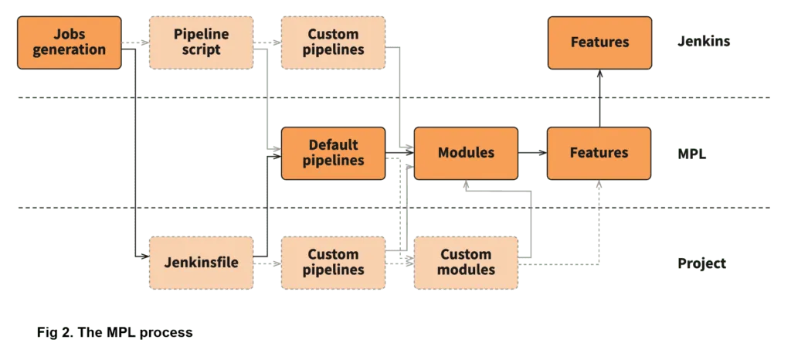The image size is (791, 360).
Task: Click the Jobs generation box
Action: coord(70,42)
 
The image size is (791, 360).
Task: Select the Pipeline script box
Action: coord(202,42)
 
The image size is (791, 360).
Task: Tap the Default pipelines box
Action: coord(333,153)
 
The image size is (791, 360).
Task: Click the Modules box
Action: coord(466,153)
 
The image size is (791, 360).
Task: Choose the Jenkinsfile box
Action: coord(202,263)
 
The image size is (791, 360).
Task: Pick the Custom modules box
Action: coord(466,263)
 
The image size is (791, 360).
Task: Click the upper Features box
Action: coord(599,42)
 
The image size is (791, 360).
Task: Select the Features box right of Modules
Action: coord(599,153)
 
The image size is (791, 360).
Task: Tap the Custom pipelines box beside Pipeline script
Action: coord(333,42)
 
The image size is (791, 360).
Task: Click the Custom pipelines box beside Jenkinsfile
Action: coord(333,263)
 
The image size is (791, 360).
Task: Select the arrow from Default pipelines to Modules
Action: coord(399,153)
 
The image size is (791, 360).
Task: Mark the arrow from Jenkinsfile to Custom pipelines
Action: coord(267,263)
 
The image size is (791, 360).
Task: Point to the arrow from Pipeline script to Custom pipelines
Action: coord(267,43)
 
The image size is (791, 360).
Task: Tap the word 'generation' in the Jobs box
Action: coord(70,49)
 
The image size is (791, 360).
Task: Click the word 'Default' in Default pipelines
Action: coord(333,145)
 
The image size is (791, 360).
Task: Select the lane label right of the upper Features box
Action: coord(702,42)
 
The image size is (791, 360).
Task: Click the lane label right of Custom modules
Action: coord(701,263)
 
